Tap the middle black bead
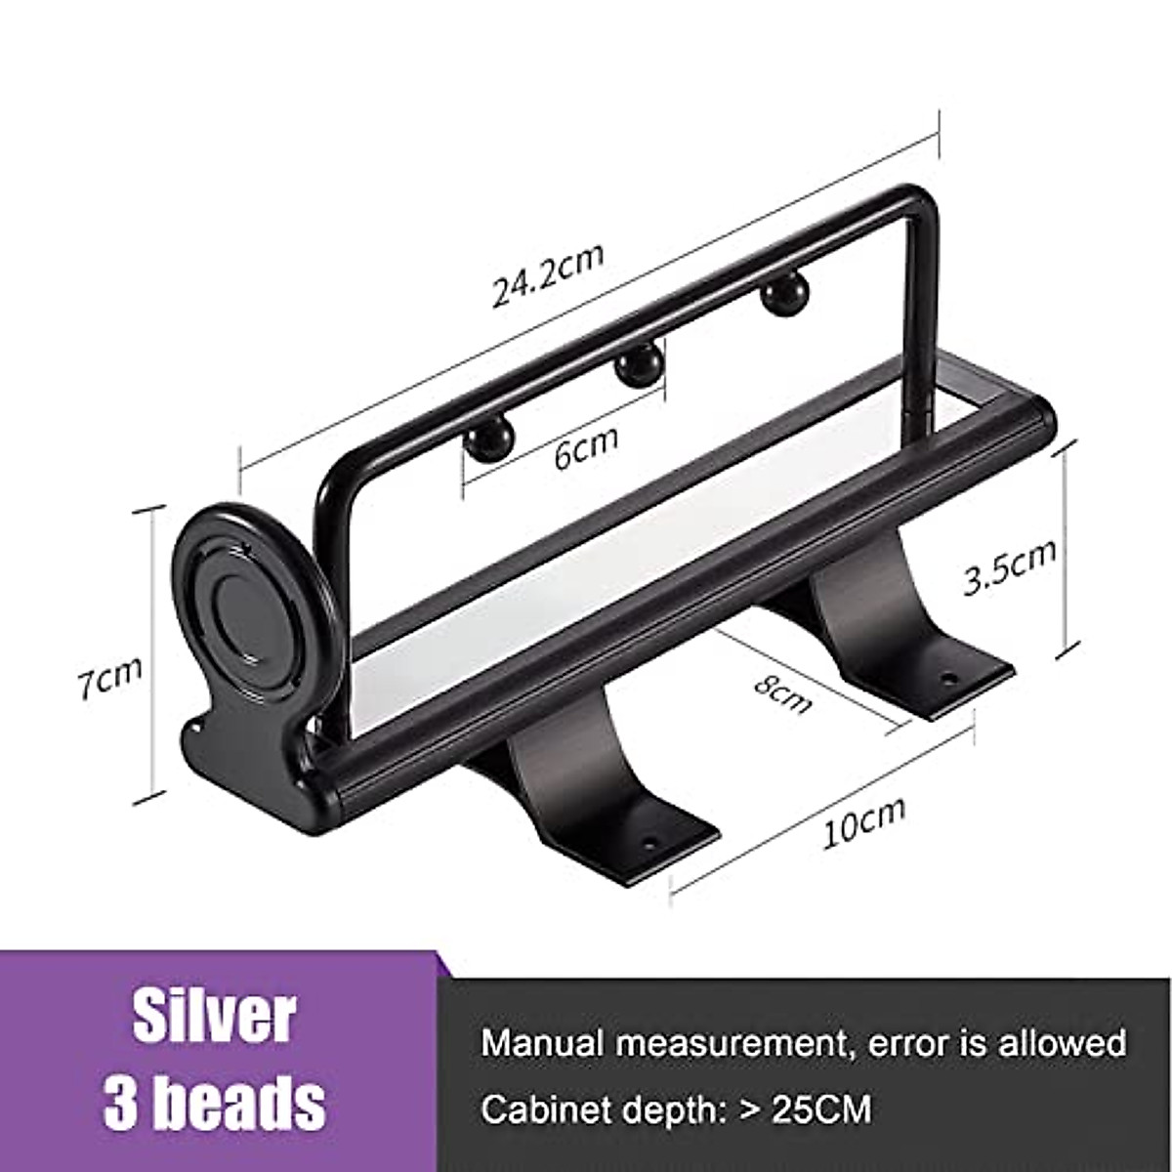pos(637,366)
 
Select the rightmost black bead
pos(782,295)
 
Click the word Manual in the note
pos(542,1042)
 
